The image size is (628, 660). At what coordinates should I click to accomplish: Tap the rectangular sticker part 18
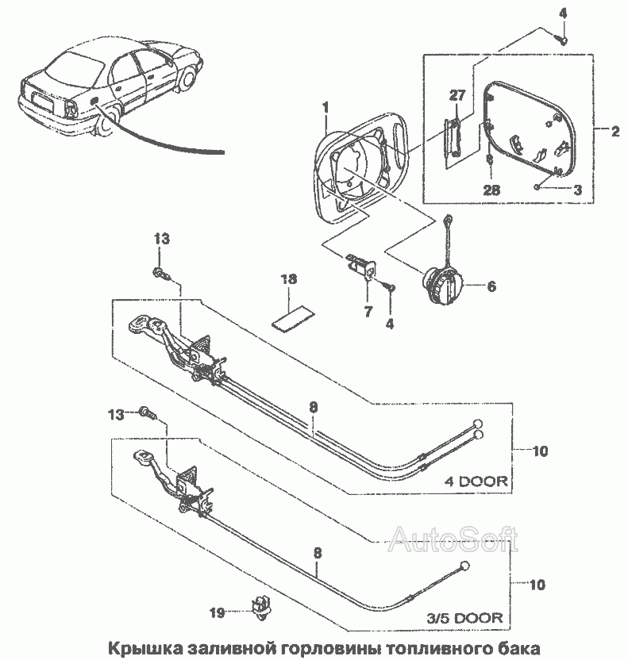(x=293, y=319)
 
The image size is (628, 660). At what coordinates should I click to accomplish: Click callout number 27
(x=457, y=95)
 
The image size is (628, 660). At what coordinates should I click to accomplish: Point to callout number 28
(x=491, y=190)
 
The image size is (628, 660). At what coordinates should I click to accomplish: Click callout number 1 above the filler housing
(x=326, y=108)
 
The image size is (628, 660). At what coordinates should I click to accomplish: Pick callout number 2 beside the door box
(x=615, y=132)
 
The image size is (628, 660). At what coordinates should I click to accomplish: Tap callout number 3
(x=578, y=190)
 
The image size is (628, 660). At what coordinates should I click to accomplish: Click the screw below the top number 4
(x=561, y=40)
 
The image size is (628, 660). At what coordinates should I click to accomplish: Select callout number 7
(x=368, y=312)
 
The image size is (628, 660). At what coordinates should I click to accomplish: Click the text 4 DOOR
(x=476, y=481)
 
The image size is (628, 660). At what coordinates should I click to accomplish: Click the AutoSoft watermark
(x=453, y=540)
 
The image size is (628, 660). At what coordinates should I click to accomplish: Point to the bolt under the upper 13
(x=161, y=273)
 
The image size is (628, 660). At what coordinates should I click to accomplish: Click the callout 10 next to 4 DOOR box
(x=540, y=451)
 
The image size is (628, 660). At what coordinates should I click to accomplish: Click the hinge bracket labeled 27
(x=453, y=136)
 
